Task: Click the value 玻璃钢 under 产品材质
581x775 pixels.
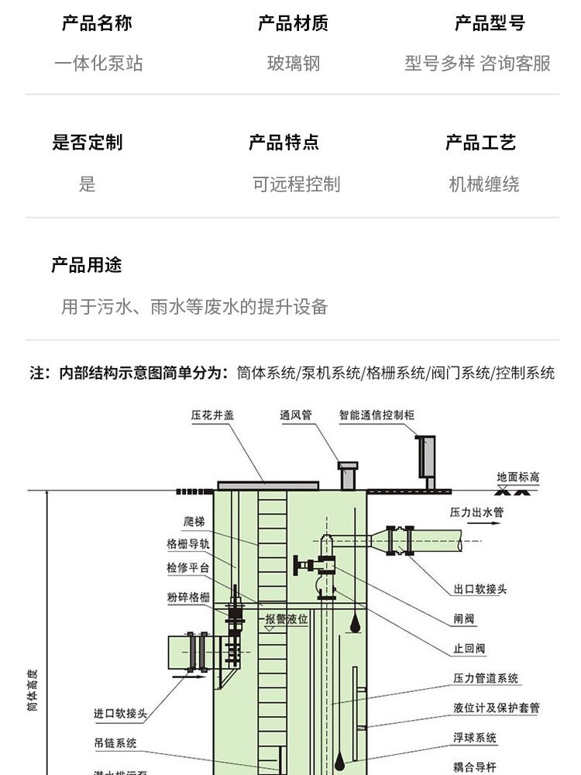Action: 294,64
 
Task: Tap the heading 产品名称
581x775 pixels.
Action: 97,23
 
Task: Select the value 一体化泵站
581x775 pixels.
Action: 98,64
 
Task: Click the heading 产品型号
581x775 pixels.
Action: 490,23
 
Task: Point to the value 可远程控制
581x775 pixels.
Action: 296,184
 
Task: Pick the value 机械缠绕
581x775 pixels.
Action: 484,184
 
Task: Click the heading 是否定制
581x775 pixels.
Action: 87,143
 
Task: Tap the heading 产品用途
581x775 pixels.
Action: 87,266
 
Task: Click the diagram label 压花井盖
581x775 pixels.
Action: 212,415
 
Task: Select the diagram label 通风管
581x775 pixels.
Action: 295,415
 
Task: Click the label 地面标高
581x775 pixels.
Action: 518,477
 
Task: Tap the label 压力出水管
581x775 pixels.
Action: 477,512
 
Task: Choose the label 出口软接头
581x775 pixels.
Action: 480,589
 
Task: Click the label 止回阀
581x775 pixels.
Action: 469,648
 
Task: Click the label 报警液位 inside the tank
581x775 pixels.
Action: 287,619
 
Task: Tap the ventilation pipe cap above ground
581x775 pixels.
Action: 348,467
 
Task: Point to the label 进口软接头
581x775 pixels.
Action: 120,714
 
